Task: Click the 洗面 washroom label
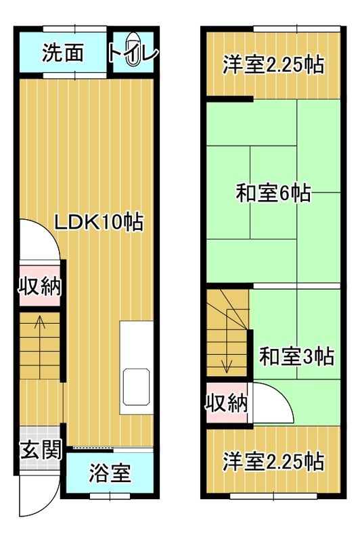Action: tap(62, 53)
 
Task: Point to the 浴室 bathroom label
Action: tap(110, 474)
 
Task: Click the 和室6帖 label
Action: tap(273, 193)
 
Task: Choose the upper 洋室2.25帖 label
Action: tap(273, 66)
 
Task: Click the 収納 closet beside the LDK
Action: tap(39, 286)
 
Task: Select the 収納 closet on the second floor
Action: tap(226, 404)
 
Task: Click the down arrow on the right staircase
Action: tap(228, 365)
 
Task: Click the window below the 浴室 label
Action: tap(109, 496)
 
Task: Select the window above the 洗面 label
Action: tap(74, 28)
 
